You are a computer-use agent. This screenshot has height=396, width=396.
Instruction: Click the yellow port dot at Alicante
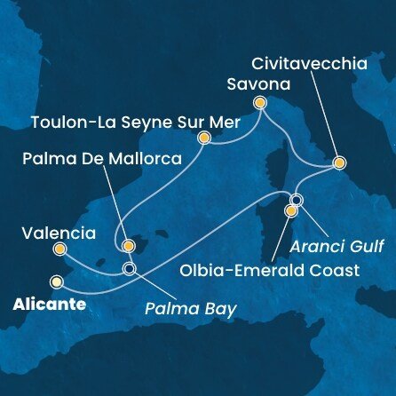coord(57,282)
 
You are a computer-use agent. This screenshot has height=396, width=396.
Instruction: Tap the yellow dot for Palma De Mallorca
coord(128,245)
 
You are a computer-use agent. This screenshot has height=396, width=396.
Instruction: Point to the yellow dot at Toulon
coord(204,138)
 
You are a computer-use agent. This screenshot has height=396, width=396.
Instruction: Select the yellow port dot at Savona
coord(260,102)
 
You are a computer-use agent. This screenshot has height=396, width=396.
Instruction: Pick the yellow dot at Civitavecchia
coord(338,163)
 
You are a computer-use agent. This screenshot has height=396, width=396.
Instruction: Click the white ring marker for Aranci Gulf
coord(297,200)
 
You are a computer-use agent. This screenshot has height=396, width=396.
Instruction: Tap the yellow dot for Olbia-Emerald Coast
coord(290,211)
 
